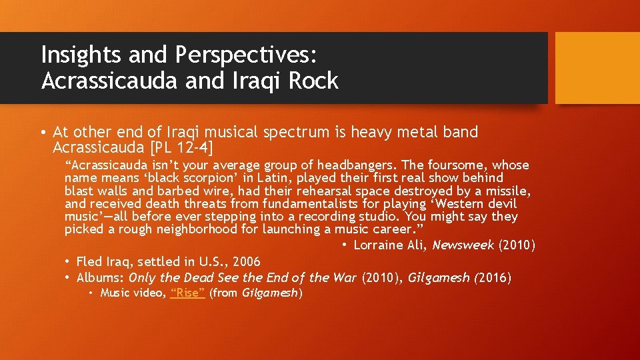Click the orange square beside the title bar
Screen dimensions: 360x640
597,68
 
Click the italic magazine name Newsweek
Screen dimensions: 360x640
463,245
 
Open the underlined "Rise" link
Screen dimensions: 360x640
187,293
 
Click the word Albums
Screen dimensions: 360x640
100,278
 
